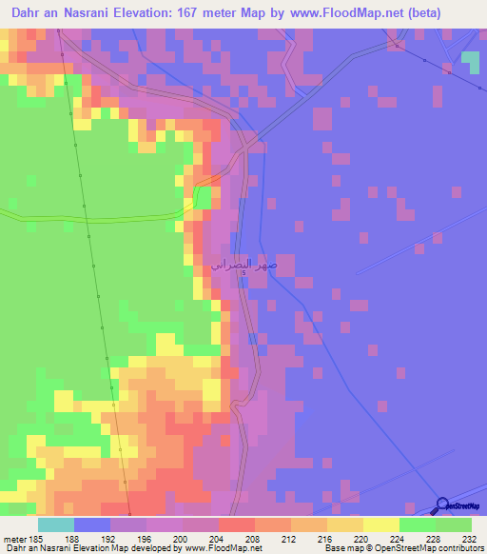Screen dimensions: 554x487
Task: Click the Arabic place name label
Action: pos(243,262)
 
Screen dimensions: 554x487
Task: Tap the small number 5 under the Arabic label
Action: pos(243,274)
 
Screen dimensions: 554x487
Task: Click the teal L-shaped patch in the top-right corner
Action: pos(471,61)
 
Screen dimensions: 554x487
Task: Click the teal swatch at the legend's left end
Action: pos(56,524)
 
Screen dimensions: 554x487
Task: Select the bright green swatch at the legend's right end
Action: pos(454,524)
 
